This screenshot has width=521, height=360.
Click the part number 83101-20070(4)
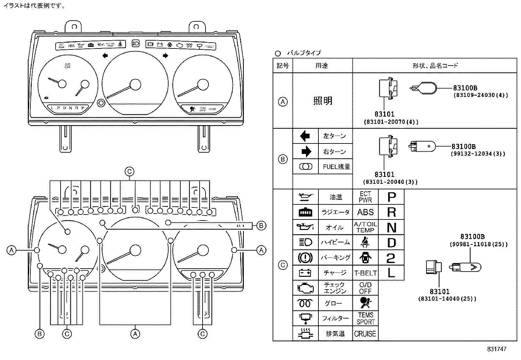tap(391, 122)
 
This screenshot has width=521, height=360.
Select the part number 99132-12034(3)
tap(478, 153)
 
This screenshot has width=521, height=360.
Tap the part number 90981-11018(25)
tap(478, 244)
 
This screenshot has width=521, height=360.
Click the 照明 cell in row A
tap(323, 101)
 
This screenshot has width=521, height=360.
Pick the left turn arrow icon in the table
tap(305, 136)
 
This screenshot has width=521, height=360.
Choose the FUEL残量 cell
tap(336, 167)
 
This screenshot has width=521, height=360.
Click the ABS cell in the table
tap(365, 212)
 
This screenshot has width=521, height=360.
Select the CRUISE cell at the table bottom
tap(365, 334)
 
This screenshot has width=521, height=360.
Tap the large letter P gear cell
tap(391, 197)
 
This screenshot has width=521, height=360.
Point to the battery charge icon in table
tap(305, 273)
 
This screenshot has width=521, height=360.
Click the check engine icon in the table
tap(305, 288)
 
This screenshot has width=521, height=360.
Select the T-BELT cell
tap(365, 273)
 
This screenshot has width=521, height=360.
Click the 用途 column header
tap(322, 66)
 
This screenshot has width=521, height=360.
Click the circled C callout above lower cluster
tap(129, 171)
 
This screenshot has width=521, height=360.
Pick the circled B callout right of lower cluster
tap(261, 225)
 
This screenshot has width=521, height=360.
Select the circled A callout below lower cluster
tap(135, 334)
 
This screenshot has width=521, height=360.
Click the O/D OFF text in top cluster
tap(67, 66)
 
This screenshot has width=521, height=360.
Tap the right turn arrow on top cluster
tap(165, 56)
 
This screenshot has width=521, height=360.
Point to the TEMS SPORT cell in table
tap(365, 318)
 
